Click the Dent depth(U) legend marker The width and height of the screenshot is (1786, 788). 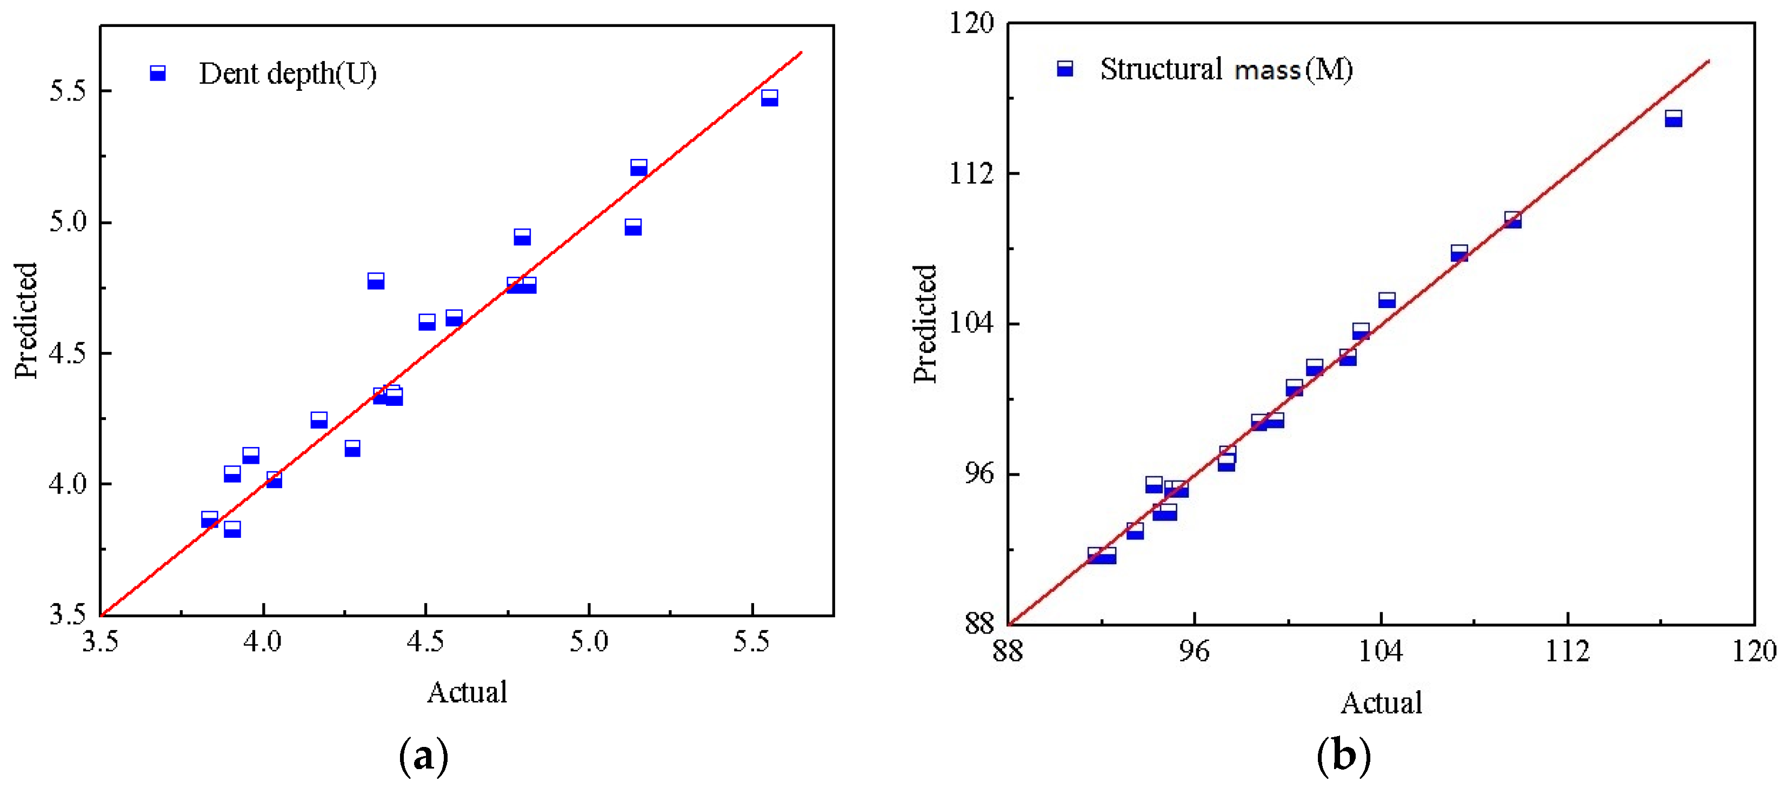pyautogui.click(x=158, y=73)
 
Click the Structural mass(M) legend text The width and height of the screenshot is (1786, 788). pyautogui.click(x=1226, y=69)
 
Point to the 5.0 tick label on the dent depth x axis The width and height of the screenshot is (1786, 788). pyautogui.click(x=589, y=642)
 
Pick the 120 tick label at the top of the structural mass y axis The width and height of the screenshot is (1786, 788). pyautogui.click(x=971, y=24)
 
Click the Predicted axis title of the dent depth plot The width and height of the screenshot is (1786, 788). pyautogui.click(x=26, y=320)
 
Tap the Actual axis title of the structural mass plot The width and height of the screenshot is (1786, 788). pyautogui.click(x=1381, y=703)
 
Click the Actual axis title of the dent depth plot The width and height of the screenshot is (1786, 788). pyautogui.click(x=467, y=692)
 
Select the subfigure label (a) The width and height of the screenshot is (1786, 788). pyautogui.click(x=424, y=756)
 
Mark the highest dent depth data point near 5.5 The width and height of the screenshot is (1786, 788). pyautogui.click(x=769, y=98)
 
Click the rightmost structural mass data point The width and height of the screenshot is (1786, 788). pyautogui.click(x=1673, y=118)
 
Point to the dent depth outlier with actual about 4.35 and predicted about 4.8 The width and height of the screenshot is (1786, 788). pyautogui.click(x=376, y=281)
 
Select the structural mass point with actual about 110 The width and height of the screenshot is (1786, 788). pyautogui.click(x=1512, y=219)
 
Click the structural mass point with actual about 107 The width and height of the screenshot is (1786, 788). pyautogui.click(x=1459, y=253)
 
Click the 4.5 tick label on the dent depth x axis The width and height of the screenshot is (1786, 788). pyautogui.click(x=425, y=642)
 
